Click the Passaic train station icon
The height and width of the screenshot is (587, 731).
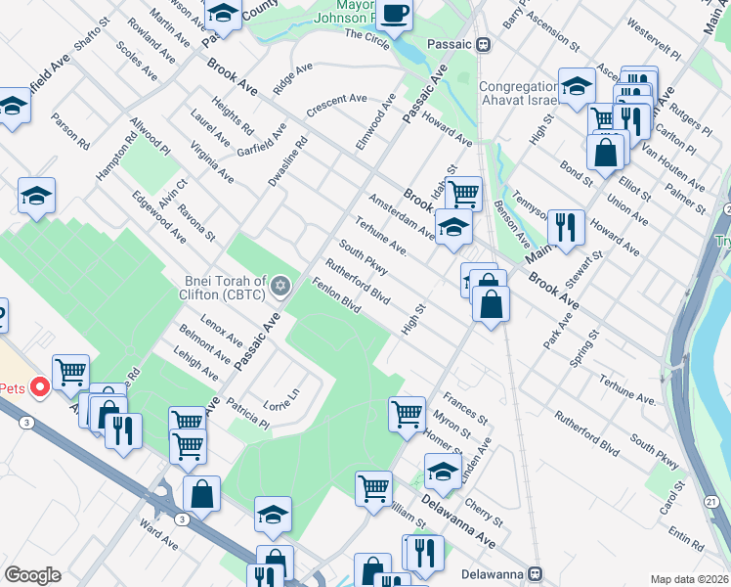point(482,44)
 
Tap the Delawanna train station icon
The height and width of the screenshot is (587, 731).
point(535,572)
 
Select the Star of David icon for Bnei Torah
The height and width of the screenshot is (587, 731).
point(281,286)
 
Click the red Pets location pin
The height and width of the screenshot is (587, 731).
point(40,388)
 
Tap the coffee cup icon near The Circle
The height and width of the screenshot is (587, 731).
point(395,15)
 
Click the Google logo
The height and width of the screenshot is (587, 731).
point(32,575)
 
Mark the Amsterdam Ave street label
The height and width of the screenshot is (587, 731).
point(401,214)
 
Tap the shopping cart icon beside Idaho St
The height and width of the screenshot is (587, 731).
point(463,193)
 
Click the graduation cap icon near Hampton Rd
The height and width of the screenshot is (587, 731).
point(36,197)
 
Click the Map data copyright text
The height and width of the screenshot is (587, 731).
point(689,579)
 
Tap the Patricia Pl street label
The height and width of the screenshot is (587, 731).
point(247,412)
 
